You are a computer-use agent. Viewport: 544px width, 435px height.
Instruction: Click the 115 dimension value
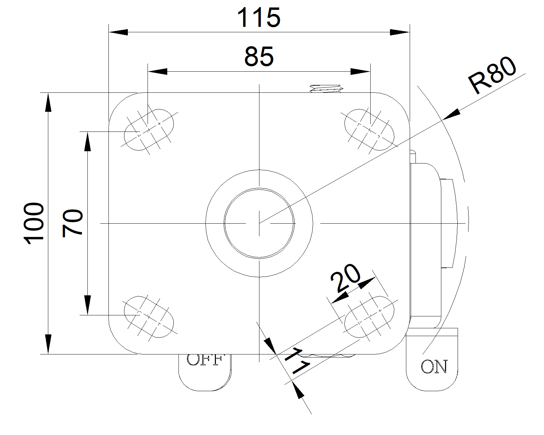point(259,18)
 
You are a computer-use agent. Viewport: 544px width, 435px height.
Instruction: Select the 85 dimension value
point(259,57)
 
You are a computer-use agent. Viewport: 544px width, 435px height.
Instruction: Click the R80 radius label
point(492,76)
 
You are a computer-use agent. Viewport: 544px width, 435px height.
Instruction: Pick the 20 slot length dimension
point(345,278)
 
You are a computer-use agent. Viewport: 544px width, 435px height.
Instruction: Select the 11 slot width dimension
point(296,362)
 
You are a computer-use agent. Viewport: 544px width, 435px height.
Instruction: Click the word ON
point(434,367)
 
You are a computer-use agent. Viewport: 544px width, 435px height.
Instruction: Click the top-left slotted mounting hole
point(149,130)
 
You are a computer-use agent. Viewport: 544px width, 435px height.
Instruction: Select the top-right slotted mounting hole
point(369,129)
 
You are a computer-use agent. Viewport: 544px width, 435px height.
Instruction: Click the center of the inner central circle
point(259,223)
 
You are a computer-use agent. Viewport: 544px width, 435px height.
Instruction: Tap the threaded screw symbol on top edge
point(326,89)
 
